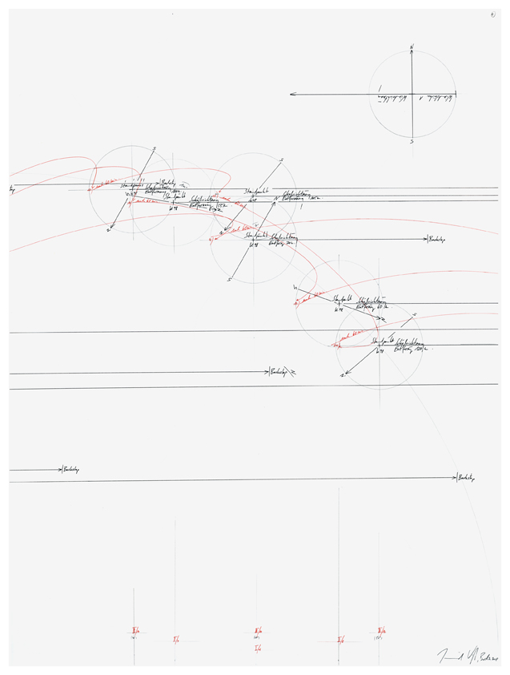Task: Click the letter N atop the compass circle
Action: coord(412,48)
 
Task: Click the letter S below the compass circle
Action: coord(412,141)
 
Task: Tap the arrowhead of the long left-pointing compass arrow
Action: coord(292,95)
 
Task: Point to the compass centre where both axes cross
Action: coord(412,95)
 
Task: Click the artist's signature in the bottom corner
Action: coord(466,655)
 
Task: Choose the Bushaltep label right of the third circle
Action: coord(437,239)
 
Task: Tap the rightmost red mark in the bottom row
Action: coord(382,631)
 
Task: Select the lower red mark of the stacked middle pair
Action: coord(257,647)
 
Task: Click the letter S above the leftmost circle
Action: coord(153,148)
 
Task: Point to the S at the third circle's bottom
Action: coord(230,280)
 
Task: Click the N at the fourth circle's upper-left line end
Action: coord(295,286)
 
